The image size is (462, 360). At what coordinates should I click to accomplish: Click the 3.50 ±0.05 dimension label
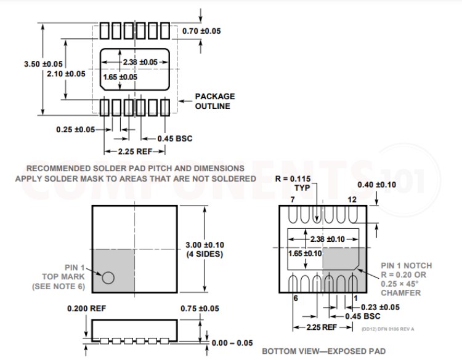[43, 64]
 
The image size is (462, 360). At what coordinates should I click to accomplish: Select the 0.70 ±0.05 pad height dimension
[201, 31]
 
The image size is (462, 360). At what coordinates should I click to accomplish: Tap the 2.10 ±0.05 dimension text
[66, 74]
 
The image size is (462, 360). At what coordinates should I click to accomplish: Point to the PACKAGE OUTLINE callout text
[215, 101]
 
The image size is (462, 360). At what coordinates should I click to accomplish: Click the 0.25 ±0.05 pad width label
[75, 129]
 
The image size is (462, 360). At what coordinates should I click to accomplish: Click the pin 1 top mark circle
[108, 278]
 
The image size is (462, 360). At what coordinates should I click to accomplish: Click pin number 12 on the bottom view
[352, 199]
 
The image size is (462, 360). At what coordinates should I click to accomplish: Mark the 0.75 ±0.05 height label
[200, 308]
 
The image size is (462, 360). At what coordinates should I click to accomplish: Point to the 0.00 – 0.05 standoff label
[232, 343]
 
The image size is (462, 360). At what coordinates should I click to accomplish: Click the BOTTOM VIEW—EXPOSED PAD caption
[323, 351]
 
